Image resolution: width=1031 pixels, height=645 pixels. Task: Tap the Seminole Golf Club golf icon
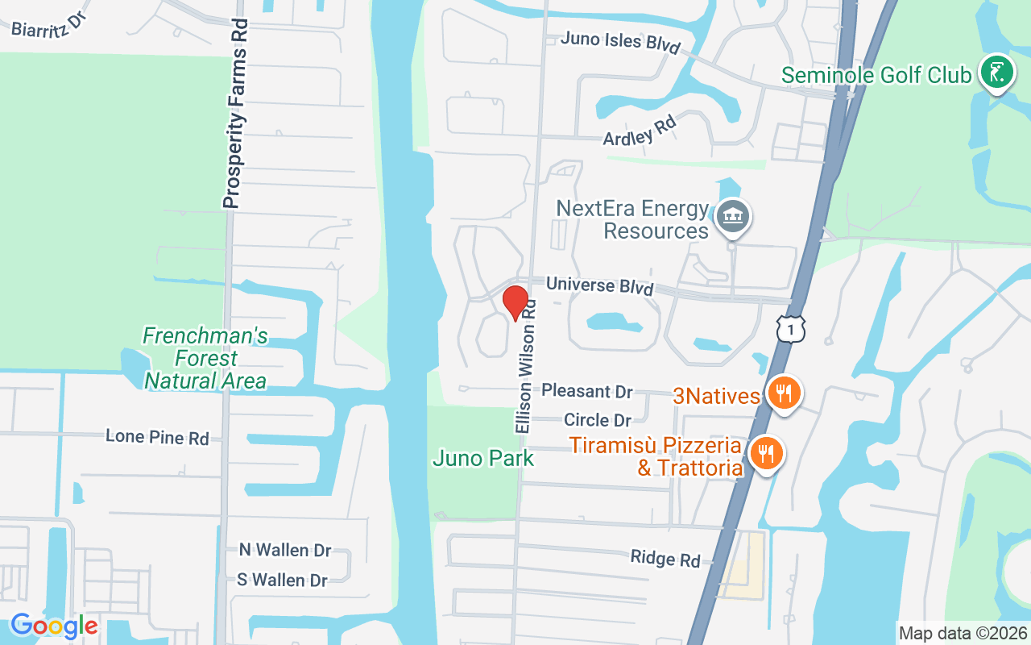point(996,74)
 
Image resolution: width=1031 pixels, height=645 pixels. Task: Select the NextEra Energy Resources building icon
point(733,217)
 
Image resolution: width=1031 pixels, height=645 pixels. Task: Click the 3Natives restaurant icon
point(782,394)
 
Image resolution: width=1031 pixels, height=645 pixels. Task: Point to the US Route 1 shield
point(791,327)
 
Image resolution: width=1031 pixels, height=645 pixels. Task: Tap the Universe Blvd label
point(599,285)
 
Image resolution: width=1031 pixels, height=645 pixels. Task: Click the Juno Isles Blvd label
point(620,41)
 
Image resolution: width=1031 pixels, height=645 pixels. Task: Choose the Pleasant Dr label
point(587,391)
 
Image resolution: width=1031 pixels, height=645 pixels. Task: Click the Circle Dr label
point(598,420)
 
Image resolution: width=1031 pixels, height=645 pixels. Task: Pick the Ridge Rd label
point(665,558)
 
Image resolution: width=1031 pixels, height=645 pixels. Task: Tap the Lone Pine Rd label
point(157,437)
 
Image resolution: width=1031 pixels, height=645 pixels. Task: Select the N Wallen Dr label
point(285,550)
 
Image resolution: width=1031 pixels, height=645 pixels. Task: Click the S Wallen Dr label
point(282,580)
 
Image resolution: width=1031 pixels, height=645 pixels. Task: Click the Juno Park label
point(483,459)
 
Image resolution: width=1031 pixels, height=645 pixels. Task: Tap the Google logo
point(54,626)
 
